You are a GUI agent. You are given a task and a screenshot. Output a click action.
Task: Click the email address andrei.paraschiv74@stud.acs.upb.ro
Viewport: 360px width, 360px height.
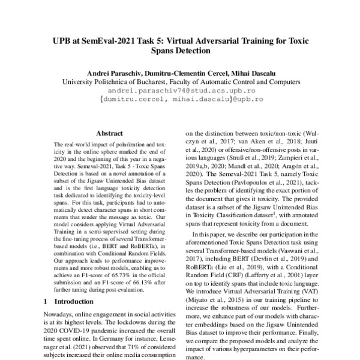click(180, 89)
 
